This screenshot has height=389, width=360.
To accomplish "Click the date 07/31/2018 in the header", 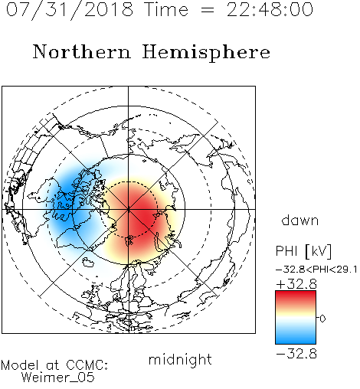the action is (70, 10).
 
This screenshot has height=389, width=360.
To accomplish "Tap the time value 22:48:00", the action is (270, 10).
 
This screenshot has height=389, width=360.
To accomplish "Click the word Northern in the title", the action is (82, 51).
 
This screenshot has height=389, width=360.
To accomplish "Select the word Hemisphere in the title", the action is (206, 53).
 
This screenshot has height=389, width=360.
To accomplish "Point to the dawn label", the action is (300, 220).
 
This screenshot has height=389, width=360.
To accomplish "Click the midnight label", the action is (180, 360).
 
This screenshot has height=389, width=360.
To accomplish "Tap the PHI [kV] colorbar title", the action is (304, 251).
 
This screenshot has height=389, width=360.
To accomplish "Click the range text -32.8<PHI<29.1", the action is (316, 270).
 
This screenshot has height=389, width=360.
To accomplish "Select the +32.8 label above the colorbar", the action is (296, 284).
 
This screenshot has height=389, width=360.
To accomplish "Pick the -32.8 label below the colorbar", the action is (296, 354).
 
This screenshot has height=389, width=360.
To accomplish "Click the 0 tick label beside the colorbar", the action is (322, 319).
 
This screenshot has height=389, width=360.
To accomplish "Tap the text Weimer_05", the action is (58, 378).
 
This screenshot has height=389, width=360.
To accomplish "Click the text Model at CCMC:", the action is (54, 365).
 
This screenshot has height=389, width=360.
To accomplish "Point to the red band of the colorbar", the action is (296, 297).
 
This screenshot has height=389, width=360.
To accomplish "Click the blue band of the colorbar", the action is (296, 338).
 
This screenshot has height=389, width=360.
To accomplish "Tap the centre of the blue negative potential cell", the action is (67, 201).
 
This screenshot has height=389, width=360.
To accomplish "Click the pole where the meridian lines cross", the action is (128, 209).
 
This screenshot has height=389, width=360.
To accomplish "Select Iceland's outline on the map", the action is (88, 262).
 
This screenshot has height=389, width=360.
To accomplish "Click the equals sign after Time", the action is (207, 10).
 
